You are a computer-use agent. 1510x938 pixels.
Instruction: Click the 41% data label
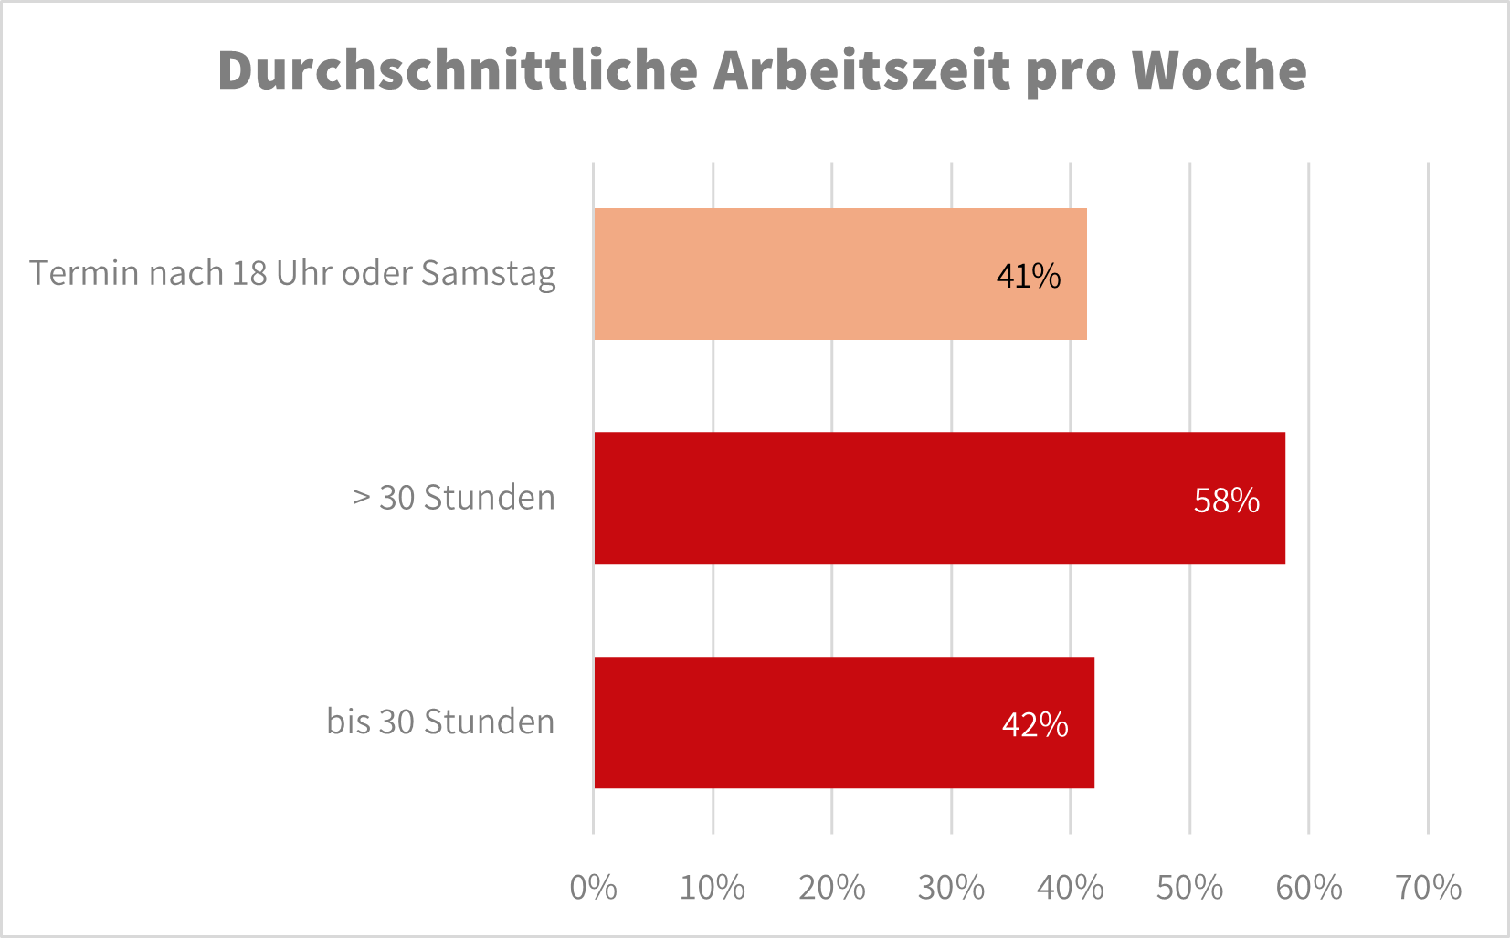click(1029, 276)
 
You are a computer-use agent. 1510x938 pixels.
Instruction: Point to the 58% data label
click(1227, 501)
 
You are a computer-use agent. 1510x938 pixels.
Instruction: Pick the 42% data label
click(1035, 725)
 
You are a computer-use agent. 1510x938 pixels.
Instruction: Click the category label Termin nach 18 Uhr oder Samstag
click(292, 273)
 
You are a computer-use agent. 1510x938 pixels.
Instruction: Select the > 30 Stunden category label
click(454, 498)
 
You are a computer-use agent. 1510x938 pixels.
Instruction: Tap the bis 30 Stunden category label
click(440, 722)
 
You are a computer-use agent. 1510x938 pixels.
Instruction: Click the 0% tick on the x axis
click(593, 888)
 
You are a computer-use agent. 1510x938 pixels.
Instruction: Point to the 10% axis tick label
click(713, 888)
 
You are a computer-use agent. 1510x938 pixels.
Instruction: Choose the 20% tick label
click(831, 888)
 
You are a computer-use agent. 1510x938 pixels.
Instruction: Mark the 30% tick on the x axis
click(951, 888)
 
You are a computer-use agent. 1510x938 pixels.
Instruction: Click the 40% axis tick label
click(1071, 888)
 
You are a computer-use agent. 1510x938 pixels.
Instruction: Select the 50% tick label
click(1189, 888)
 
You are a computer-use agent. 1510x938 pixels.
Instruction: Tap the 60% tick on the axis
click(1309, 888)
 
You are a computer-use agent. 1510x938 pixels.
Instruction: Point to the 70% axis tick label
click(1428, 888)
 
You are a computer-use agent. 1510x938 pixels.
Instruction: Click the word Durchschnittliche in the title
click(458, 70)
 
